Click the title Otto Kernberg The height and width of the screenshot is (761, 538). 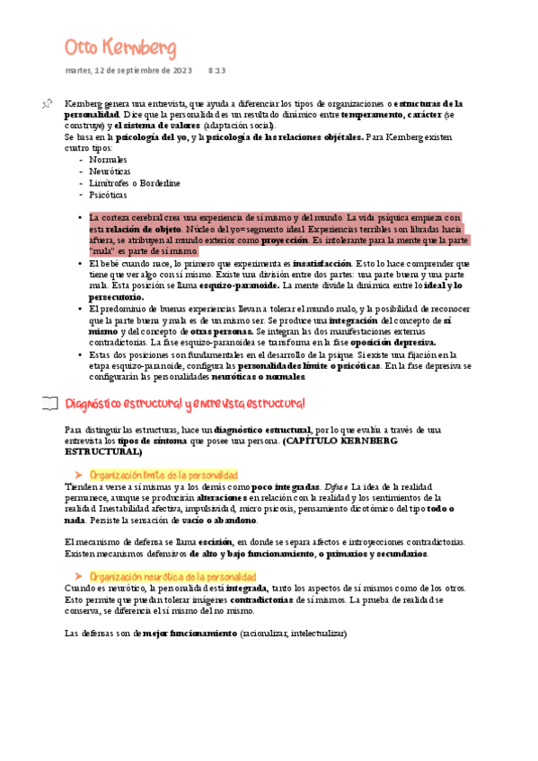pos(120,47)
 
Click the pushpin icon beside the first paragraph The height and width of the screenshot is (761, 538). pos(48,105)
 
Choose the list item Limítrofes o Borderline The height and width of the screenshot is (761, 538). pos(132,182)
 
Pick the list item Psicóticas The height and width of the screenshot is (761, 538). pos(108,194)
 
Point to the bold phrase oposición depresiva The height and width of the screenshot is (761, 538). pos(393,342)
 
